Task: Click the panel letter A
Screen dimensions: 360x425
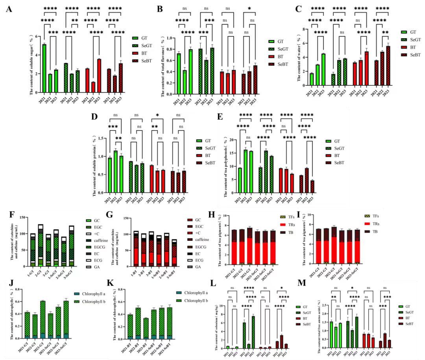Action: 9,9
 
